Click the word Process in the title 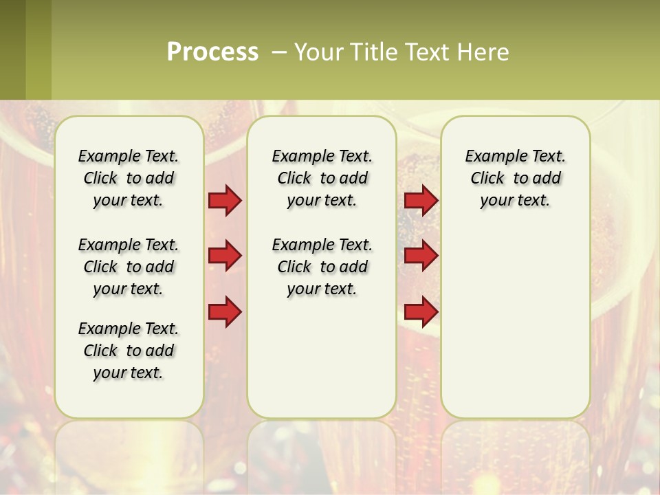tap(212, 52)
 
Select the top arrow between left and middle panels tap(225, 201)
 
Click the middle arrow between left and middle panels tap(225, 256)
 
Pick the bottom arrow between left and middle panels tap(225, 312)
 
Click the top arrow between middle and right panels tap(421, 201)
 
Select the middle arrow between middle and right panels tap(421, 256)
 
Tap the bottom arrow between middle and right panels tap(421, 312)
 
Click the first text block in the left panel tap(129, 178)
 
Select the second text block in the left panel tap(129, 267)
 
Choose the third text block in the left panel tap(129, 351)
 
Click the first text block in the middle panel tap(322, 178)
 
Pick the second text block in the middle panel tap(322, 267)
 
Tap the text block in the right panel tap(515, 178)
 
